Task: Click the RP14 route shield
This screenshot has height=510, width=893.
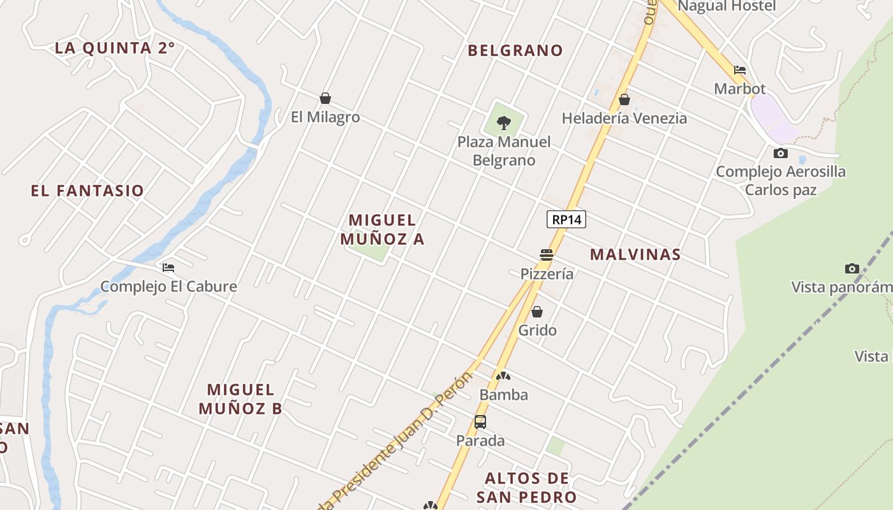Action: point(566,219)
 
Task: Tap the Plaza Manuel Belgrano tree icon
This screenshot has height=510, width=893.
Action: point(504,122)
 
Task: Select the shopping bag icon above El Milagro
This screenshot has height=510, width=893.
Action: point(325,98)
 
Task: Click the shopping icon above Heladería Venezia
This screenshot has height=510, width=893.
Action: point(624,99)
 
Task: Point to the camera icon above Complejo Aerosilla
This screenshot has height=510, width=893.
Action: point(780,153)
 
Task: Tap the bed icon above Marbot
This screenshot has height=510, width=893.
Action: point(740,70)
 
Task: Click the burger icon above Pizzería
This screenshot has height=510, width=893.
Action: point(547,255)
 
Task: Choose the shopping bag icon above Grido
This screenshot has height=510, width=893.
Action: point(537,312)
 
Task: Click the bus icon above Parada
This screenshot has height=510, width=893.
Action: point(480,421)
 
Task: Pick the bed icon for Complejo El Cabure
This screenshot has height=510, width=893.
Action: point(168,268)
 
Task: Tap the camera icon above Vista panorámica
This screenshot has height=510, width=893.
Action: point(852,268)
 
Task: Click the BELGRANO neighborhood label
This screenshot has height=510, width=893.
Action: point(515,50)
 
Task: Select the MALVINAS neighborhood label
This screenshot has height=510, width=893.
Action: point(635,254)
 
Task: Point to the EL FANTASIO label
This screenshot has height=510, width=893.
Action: point(87,191)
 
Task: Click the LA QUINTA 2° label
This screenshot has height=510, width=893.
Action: point(115,48)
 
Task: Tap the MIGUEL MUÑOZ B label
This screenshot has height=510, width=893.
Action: point(240,399)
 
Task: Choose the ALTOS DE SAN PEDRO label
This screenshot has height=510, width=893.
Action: point(527,488)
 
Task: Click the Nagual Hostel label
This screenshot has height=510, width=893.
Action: point(727,6)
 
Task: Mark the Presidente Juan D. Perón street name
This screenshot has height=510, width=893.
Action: point(408,433)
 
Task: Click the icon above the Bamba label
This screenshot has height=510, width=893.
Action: point(503,377)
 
